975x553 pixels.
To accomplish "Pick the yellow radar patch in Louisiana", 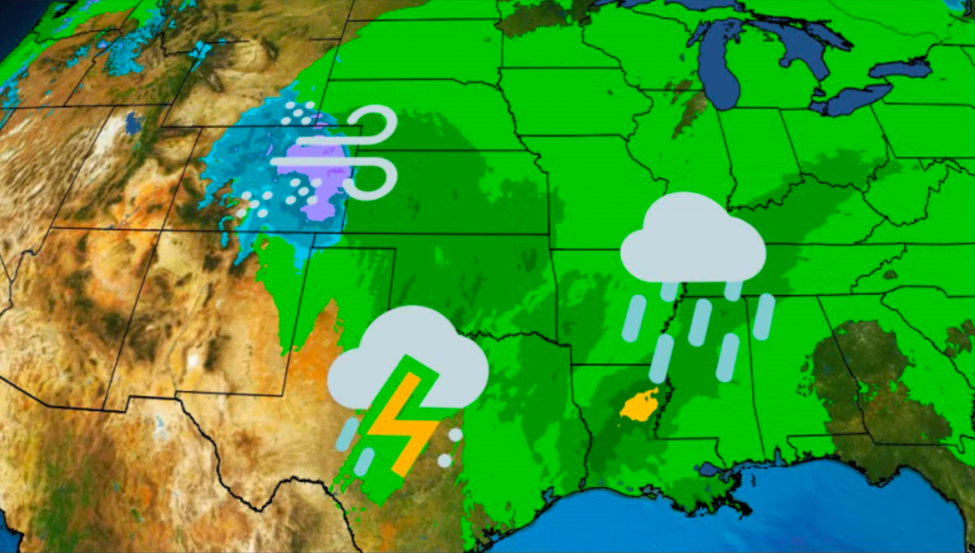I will tap(639, 406).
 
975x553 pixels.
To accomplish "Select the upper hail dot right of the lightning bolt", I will tap(455, 435).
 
